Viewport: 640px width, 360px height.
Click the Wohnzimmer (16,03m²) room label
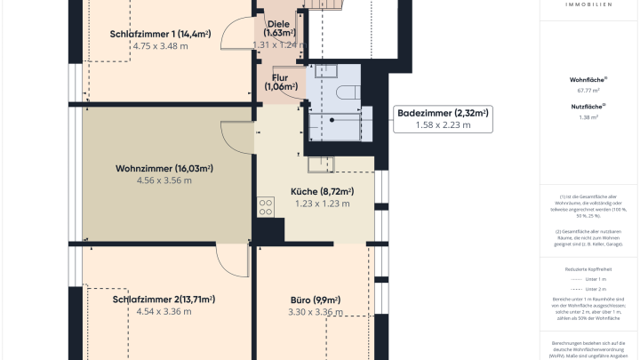163,168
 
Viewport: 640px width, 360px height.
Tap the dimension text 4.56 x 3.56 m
164,180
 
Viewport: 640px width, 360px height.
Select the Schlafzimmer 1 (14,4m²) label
160,34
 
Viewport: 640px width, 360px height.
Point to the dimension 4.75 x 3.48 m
160,46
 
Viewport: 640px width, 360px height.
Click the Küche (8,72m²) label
322,191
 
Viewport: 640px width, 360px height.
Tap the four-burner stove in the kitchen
265,207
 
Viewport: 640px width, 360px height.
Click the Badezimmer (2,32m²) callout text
443,113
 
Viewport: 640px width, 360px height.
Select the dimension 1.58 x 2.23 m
443,125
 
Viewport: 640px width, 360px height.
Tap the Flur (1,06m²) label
279,82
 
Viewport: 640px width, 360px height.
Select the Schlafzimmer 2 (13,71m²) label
164,300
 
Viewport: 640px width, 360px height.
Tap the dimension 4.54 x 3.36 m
164,312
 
